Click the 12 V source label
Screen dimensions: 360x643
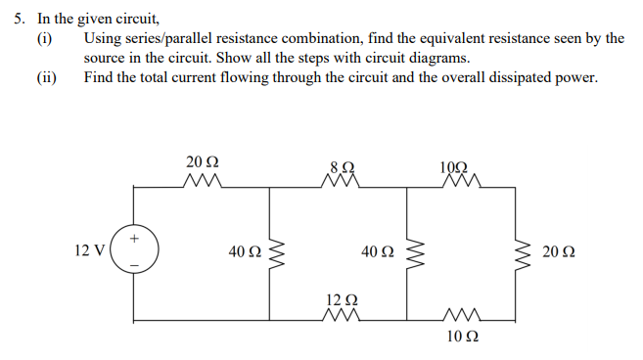point(88,251)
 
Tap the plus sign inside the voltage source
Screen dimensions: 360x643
point(133,238)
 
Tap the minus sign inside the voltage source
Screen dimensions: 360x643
point(133,264)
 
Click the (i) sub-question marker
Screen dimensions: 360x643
point(44,38)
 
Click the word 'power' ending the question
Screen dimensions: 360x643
point(574,78)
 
